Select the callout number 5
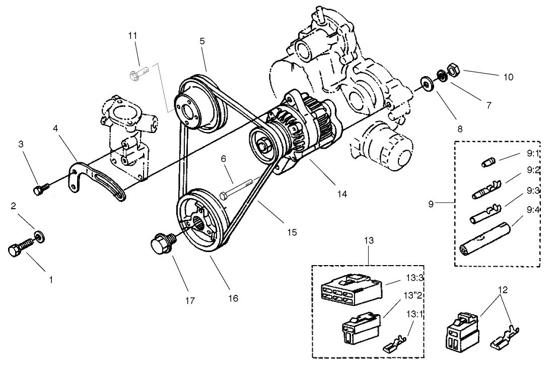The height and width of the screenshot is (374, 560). click(x=202, y=41)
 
